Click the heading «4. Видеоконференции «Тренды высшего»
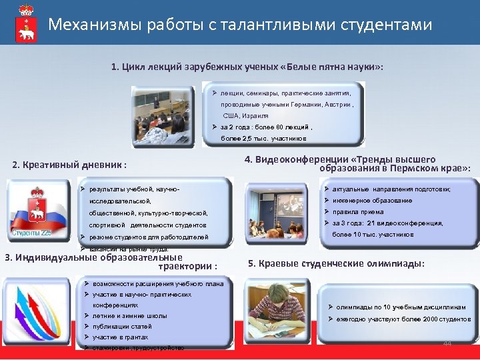click(340, 159)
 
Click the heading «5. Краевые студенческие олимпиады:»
click(336, 263)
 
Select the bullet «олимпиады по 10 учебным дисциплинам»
click(393, 307)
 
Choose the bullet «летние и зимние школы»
click(130, 315)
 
